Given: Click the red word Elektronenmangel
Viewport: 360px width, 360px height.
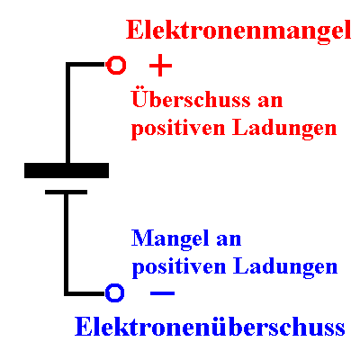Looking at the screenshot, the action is [x=238, y=31].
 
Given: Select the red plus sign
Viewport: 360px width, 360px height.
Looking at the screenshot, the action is [x=160, y=65].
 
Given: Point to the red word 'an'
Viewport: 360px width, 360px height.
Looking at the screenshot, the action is [x=270, y=101].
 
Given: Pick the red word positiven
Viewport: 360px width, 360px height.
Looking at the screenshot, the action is [x=178, y=128].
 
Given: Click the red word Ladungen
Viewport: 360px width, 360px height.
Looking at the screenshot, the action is [x=284, y=128].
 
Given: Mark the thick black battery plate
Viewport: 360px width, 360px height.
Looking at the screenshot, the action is [x=67, y=170].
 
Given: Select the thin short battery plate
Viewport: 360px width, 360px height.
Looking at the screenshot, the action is [x=66, y=192].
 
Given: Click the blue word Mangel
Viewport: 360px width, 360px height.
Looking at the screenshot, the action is [x=170, y=239].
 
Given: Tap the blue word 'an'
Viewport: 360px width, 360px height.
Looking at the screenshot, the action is [x=229, y=239].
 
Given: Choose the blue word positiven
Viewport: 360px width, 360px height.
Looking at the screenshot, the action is [x=179, y=266].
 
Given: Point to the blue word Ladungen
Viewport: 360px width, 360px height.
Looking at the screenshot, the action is [x=285, y=266].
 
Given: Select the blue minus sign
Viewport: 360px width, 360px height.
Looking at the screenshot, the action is [x=162, y=292].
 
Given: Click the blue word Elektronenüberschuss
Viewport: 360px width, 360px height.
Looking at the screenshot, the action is [x=210, y=326].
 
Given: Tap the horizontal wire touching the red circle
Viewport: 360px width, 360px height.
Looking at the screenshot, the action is [x=87, y=65].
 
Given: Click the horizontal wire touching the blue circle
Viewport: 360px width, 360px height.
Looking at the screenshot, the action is [x=85, y=293].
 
